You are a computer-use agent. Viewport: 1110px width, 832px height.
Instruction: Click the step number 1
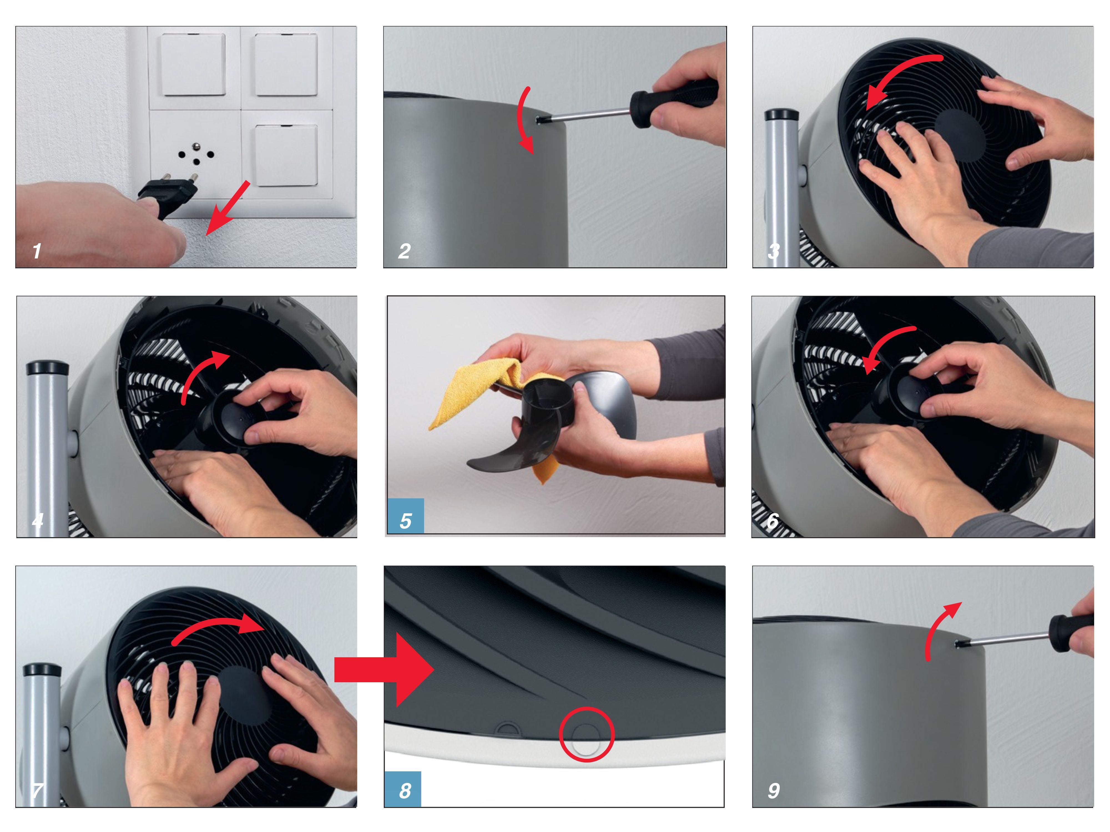[x=37, y=251]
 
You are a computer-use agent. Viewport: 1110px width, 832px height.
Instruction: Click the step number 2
[x=405, y=251]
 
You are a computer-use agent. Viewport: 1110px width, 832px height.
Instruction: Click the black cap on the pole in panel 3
[x=781, y=115]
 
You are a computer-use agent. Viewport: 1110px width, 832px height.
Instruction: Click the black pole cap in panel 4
[x=47, y=367]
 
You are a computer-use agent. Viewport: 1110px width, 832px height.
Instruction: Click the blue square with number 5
[x=405, y=516]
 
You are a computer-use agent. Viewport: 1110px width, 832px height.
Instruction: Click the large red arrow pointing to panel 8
[x=384, y=669]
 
